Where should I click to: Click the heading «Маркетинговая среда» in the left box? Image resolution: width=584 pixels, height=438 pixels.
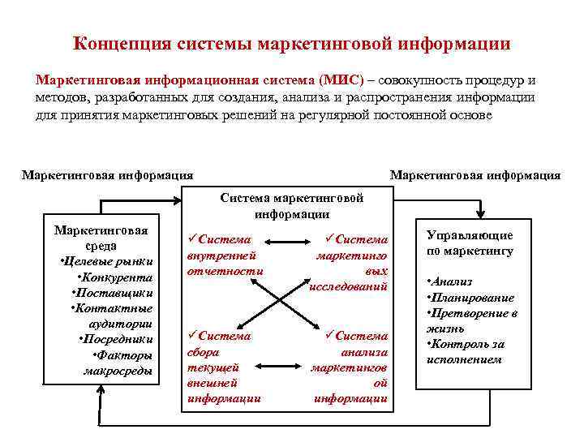(x=101, y=238)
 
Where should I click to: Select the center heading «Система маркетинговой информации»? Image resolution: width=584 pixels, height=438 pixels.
(x=292, y=205)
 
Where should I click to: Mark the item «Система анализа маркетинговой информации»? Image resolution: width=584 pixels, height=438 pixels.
(x=353, y=367)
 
